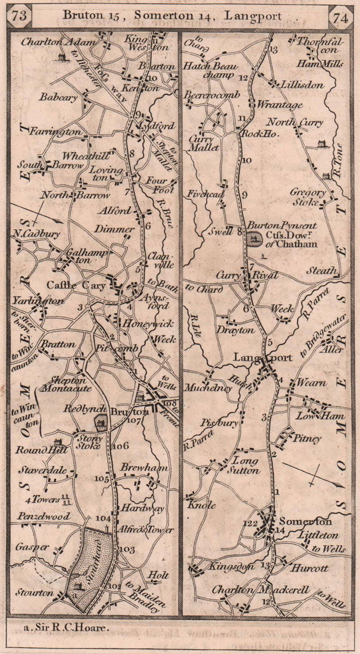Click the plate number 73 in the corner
pos(19,16)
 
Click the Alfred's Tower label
pos(145,530)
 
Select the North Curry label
pos(294,122)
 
